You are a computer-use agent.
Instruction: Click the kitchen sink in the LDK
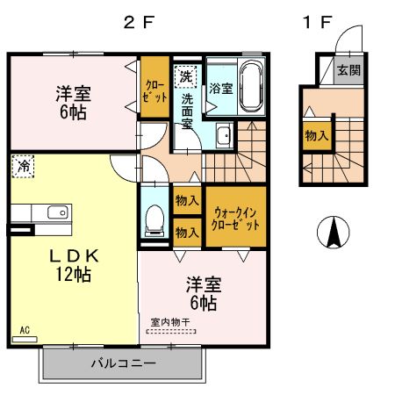pos(55,212)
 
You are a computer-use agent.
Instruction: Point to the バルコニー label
pos(124,363)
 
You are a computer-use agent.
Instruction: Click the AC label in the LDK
pos(24,330)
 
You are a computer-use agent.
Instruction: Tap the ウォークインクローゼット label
pos(236,218)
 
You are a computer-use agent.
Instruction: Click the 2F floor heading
pos(139,24)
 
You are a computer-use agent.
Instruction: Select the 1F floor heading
pos(316,24)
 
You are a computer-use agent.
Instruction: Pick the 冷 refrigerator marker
pos(24,166)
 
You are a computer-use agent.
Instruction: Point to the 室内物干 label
pos(170,322)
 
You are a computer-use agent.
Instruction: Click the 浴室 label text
pos(220,88)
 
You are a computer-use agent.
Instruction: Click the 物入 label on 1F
pos(316,135)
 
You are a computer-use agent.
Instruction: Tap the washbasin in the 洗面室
pos(224,135)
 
